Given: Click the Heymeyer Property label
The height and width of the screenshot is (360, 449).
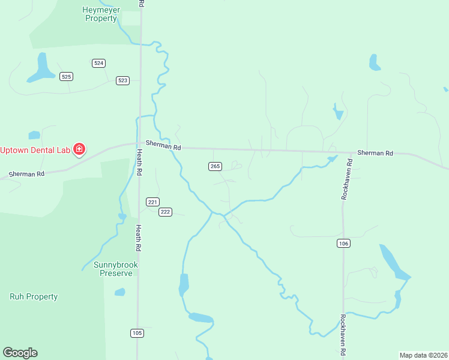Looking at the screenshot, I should point(100,14).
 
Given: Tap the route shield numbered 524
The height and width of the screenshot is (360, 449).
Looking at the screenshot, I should point(99,63).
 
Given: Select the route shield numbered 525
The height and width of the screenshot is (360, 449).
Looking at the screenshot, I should point(66,76).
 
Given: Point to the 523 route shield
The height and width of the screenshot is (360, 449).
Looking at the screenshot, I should point(122,80).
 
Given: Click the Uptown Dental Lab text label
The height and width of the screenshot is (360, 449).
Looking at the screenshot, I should point(35,149).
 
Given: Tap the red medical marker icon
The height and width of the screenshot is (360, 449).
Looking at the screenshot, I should point(79,149).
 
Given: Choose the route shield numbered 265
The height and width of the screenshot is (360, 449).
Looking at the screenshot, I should point(215,166).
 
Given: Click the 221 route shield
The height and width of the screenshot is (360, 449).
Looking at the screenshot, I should point(152,202).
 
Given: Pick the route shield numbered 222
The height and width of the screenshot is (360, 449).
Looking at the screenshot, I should point(166,212).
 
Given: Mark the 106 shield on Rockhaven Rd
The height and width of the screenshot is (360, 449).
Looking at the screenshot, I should point(343,243).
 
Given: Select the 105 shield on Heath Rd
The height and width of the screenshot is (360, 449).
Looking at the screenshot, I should point(137,333).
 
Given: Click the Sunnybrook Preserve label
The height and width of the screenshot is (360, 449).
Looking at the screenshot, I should point(116,269).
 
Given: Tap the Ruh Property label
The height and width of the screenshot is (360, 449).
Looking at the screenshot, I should point(34,296).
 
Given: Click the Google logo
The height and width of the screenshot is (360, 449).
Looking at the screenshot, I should point(20,353).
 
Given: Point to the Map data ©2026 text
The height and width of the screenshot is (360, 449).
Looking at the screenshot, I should point(423,355).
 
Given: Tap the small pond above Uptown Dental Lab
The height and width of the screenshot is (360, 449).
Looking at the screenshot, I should point(34,135).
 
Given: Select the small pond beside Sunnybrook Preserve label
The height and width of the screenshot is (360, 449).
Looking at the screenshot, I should point(120,292).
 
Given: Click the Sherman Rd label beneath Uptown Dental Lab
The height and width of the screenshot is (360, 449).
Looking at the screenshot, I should point(26,174).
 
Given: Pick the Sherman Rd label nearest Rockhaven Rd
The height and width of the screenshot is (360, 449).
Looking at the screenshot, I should point(375,153).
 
